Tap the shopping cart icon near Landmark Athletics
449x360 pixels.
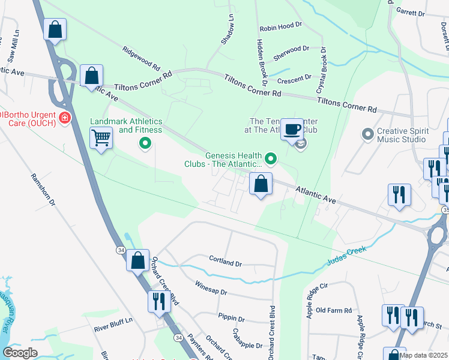101,139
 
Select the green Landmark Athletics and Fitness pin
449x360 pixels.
144,143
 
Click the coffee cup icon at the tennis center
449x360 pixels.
292,129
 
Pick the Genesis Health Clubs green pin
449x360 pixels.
271,159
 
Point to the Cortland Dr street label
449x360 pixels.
225,263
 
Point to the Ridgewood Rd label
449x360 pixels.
141,59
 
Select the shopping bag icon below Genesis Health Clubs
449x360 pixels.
261,184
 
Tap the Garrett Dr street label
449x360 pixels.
411,13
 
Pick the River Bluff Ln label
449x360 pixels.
113,329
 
